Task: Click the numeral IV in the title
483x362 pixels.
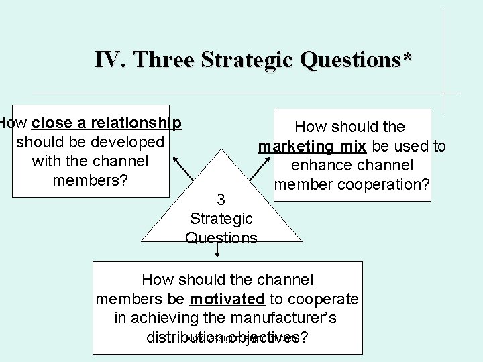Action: (x=108, y=60)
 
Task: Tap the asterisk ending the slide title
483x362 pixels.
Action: (x=407, y=57)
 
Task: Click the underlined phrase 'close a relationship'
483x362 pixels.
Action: (x=106, y=123)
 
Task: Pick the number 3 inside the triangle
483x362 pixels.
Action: (x=221, y=199)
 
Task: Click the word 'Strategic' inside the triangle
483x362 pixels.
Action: (x=221, y=218)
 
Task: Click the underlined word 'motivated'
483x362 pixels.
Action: (x=227, y=298)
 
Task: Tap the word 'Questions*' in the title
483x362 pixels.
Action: (x=352, y=60)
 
